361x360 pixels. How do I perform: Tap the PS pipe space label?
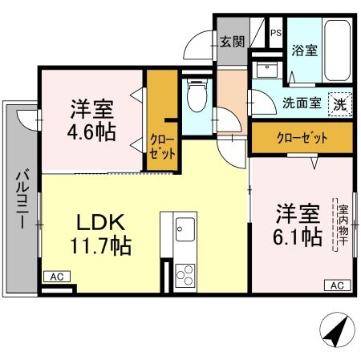275,33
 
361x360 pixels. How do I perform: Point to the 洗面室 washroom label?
302,103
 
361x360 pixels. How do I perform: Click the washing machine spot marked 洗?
340,103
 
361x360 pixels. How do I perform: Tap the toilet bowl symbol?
195,97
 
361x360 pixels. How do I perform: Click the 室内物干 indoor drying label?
340,224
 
